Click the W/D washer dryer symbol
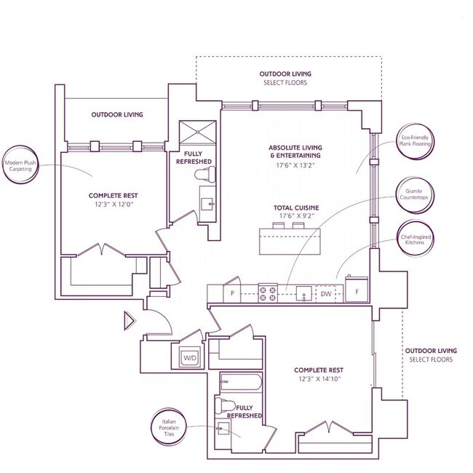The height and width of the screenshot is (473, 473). click(190, 357)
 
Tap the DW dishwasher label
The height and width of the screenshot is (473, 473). click(326, 294)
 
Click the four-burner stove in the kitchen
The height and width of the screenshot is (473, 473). click(268, 293)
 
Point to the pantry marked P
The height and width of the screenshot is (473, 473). click(232, 293)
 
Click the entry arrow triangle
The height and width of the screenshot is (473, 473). click(130, 321)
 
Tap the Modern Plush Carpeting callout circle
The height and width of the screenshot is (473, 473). click(20, 165)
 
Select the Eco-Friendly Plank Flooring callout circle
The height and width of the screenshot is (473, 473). click(415, 141)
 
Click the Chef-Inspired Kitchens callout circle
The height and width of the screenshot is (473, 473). click(416, 239)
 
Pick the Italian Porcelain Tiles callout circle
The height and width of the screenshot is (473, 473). click(170, 427)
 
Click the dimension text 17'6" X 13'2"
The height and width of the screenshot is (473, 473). click(295, 165)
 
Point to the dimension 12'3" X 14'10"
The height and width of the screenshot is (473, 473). click(319, 379)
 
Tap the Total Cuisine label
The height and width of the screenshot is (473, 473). click(296, 208)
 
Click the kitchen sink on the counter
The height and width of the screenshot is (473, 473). click(303, 294)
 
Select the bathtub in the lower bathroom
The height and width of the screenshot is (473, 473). click(241, 381)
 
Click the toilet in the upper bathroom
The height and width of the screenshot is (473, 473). click(204, 175)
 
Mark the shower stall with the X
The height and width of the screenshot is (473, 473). click(198, 132)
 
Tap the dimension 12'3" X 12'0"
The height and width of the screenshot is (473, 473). click(114, 204)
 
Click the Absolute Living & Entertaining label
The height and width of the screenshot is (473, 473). click(295, 152)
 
